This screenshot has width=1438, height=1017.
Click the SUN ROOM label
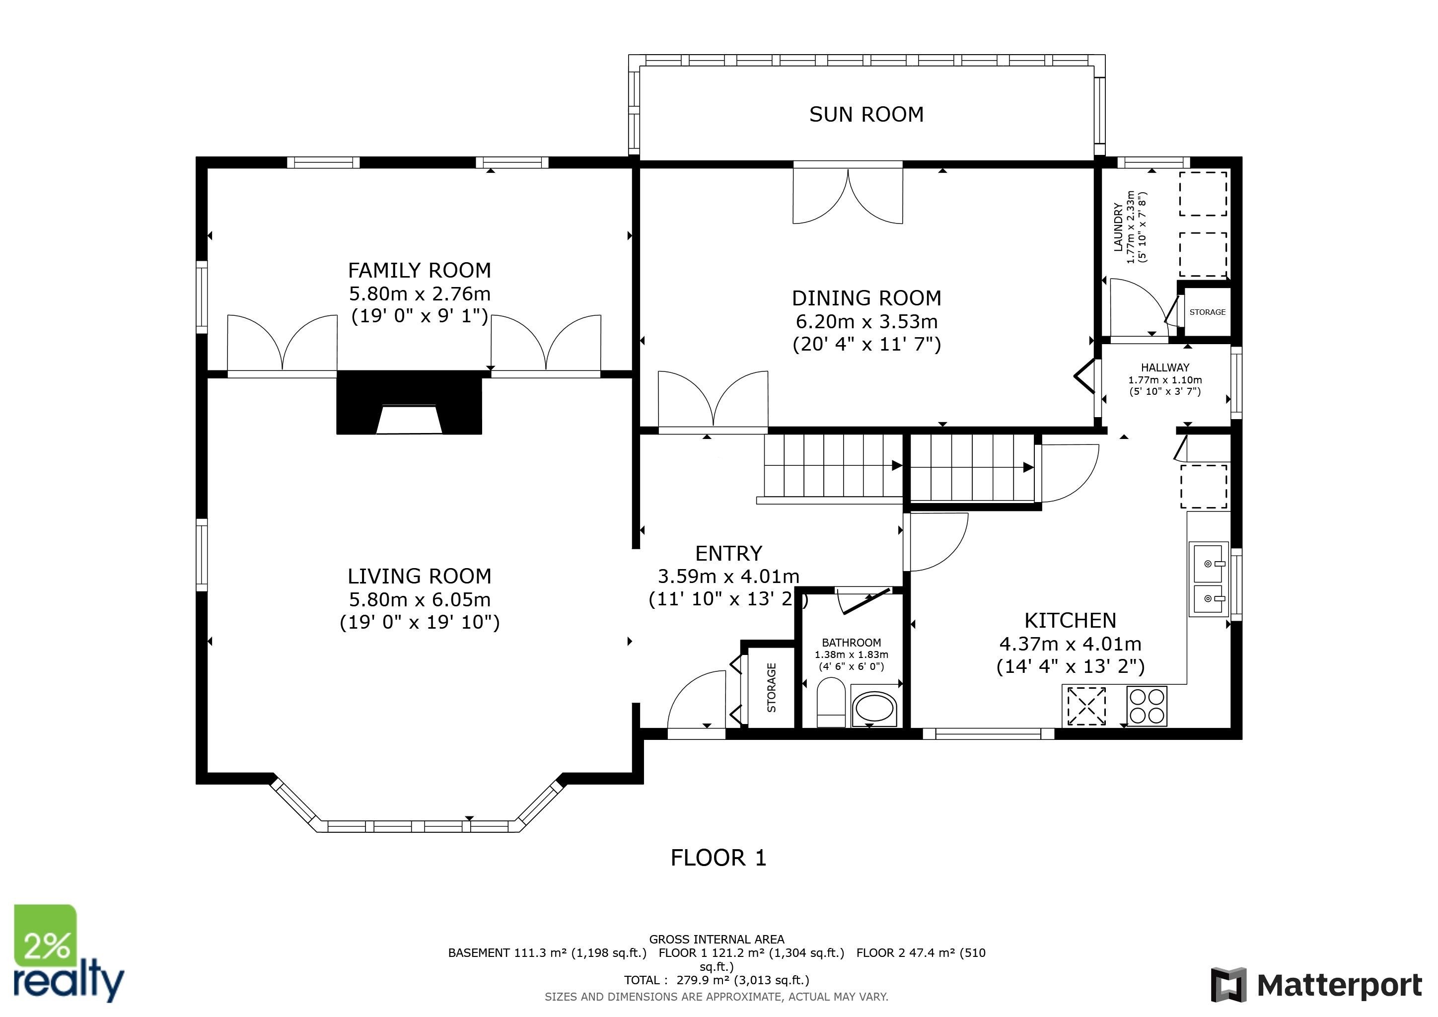[x=866, y=115]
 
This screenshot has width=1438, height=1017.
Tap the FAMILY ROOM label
[x=420, y=271]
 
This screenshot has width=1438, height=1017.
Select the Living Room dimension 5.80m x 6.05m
[x=420, y=599]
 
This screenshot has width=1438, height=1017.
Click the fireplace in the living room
[x=409, y=403]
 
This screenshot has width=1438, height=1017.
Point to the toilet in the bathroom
[x=831, y=702]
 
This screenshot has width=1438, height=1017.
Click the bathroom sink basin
[x=874, y=708]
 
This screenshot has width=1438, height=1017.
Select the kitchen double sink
[x=1209, y=580]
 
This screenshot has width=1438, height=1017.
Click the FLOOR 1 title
[x=719, y=858]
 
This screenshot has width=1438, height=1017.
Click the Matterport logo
[x=1316, y=985]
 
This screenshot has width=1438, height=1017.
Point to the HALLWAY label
[x=1165, y=367]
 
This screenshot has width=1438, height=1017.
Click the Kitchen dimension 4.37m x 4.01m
[x=1071, y=644]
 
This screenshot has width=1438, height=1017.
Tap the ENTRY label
[x=728, y=554]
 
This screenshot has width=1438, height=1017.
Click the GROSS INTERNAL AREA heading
[x=717, y=940]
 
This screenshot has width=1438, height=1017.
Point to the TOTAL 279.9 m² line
[x=717, y=980]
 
